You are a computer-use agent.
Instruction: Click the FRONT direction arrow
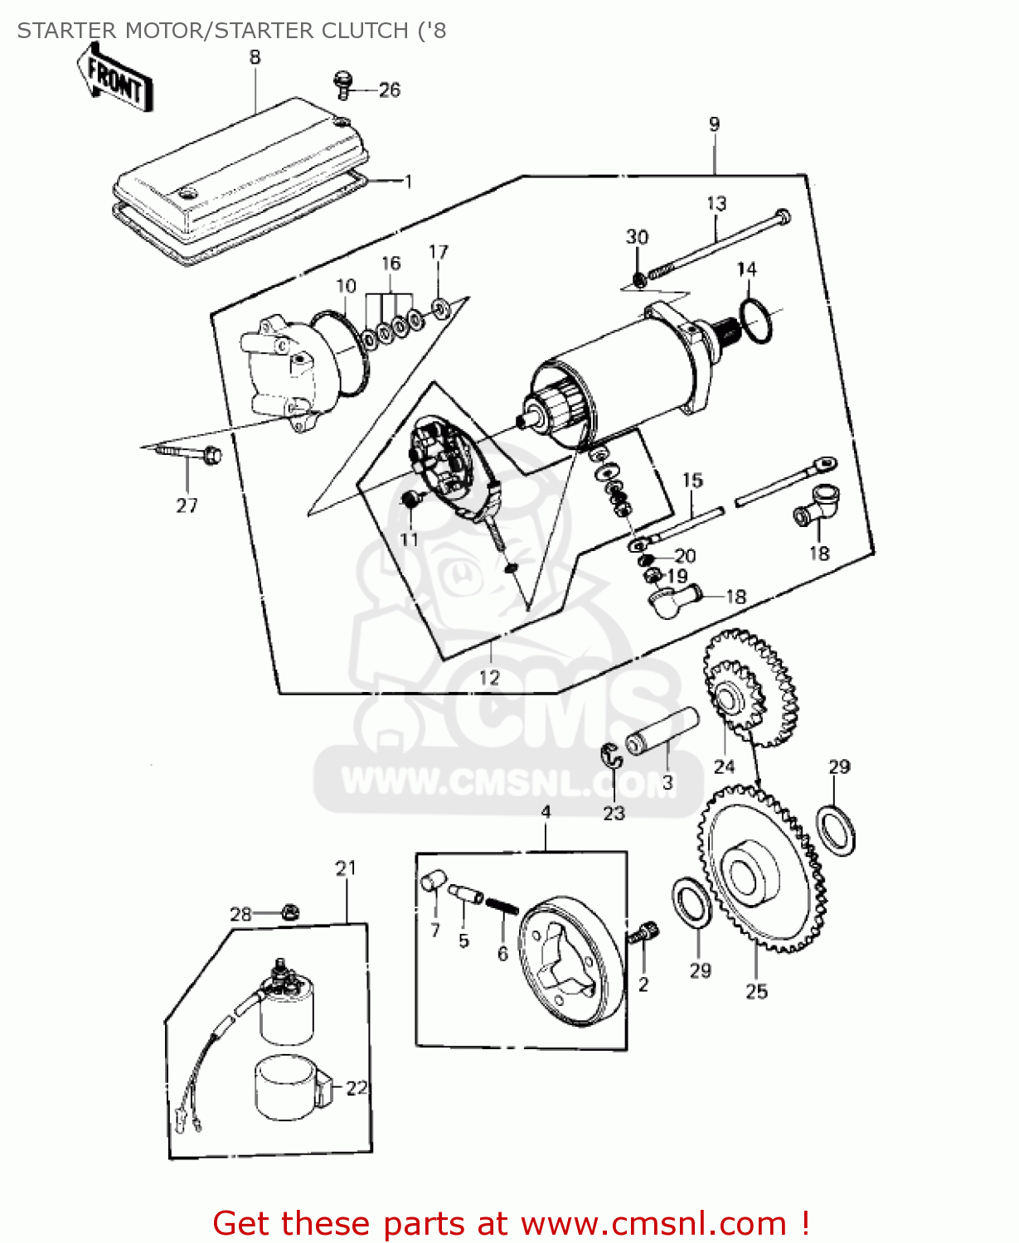point(117,78)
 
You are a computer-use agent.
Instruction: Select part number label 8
point(255,57)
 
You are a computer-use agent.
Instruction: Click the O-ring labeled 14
point(755,322)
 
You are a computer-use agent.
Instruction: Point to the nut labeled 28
point(289,912)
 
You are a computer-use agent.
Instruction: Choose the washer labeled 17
point(440,308)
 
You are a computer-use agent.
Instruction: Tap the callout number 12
point(489,677)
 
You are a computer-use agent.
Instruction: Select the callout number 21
point(346,868)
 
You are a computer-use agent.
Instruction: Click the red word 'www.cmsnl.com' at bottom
point(654,1223)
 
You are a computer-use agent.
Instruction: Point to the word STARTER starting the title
point(66,31)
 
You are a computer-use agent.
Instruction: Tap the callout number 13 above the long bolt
point(716,203)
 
